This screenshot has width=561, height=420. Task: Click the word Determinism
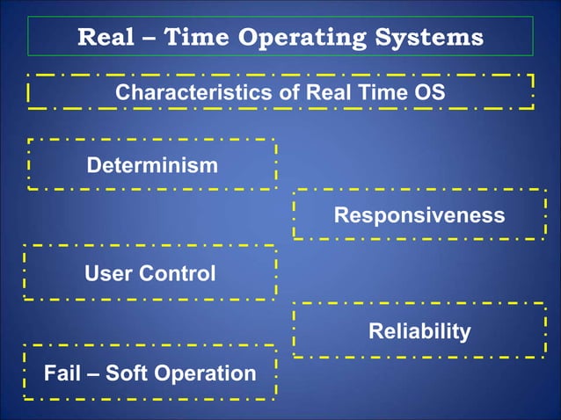click(152, 165)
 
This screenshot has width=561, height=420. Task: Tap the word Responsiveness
click(419, 215)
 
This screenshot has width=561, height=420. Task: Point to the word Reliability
click(419, 331)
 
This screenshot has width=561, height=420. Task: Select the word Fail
click(64, 373)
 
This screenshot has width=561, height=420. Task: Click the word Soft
click(129, 373)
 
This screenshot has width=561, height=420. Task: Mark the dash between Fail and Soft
click(95, 374)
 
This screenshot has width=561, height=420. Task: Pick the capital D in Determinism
click(93, 165)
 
